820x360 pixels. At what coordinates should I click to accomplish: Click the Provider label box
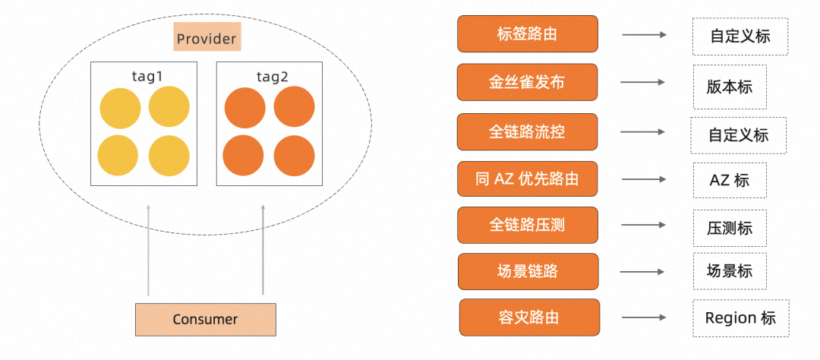(207, 38)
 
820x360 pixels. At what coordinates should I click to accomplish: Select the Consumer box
(205, 320)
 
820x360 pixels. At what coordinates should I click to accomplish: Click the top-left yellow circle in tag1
(120, 107)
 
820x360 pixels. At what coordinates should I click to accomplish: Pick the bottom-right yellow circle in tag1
(169, 156)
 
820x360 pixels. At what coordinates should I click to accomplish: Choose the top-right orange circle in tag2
(294, 107)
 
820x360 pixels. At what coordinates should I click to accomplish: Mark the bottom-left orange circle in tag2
(244, 156)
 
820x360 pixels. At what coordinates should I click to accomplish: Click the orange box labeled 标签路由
(528, 34)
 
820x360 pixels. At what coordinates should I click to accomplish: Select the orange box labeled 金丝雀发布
(527, 83)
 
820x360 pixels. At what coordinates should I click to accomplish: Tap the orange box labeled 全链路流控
(527, 131)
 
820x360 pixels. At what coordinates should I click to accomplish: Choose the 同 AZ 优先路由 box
(527, 179)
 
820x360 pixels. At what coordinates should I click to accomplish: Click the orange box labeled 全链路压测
(527, 226)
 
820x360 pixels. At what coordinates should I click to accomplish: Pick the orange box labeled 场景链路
(528, 271)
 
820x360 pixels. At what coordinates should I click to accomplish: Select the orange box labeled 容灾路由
(529, 317)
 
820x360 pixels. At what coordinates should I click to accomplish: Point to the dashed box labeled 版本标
(729, 87)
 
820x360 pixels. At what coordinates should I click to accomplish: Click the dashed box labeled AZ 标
(729, 180)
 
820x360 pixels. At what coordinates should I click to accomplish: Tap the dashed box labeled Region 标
(740, 317)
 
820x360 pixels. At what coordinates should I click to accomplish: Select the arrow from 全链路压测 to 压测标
(644, 226)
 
